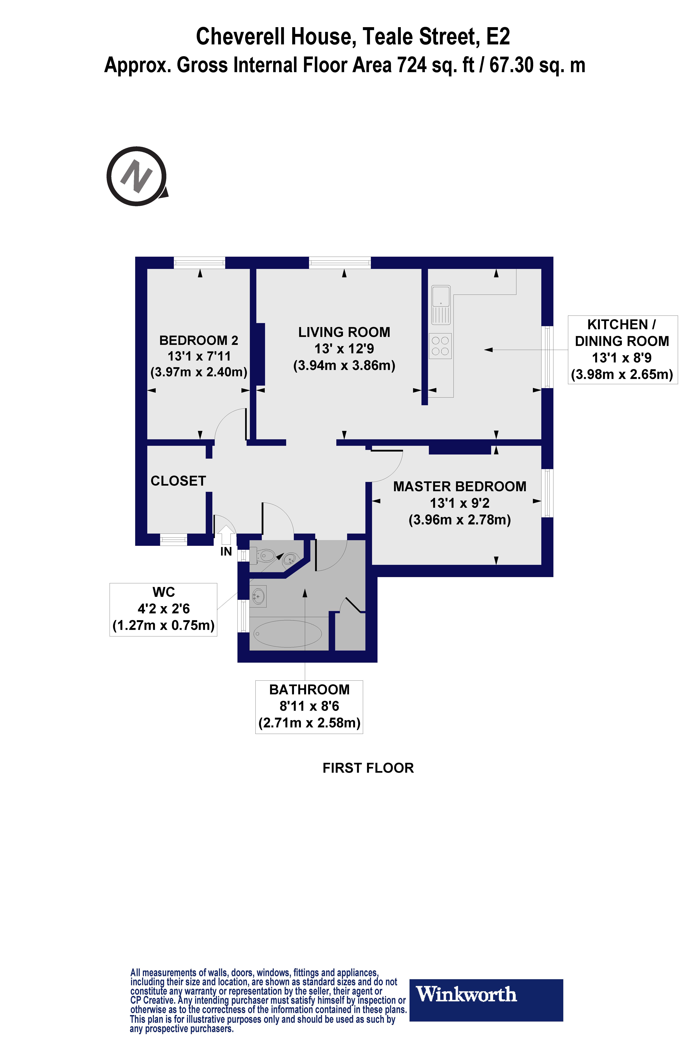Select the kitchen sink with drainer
click(441, 305)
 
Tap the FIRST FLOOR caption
click(368, 768)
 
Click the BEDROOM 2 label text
click(199, 340)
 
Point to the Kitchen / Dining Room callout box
click(622, 350)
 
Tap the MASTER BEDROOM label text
click(460, 487)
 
